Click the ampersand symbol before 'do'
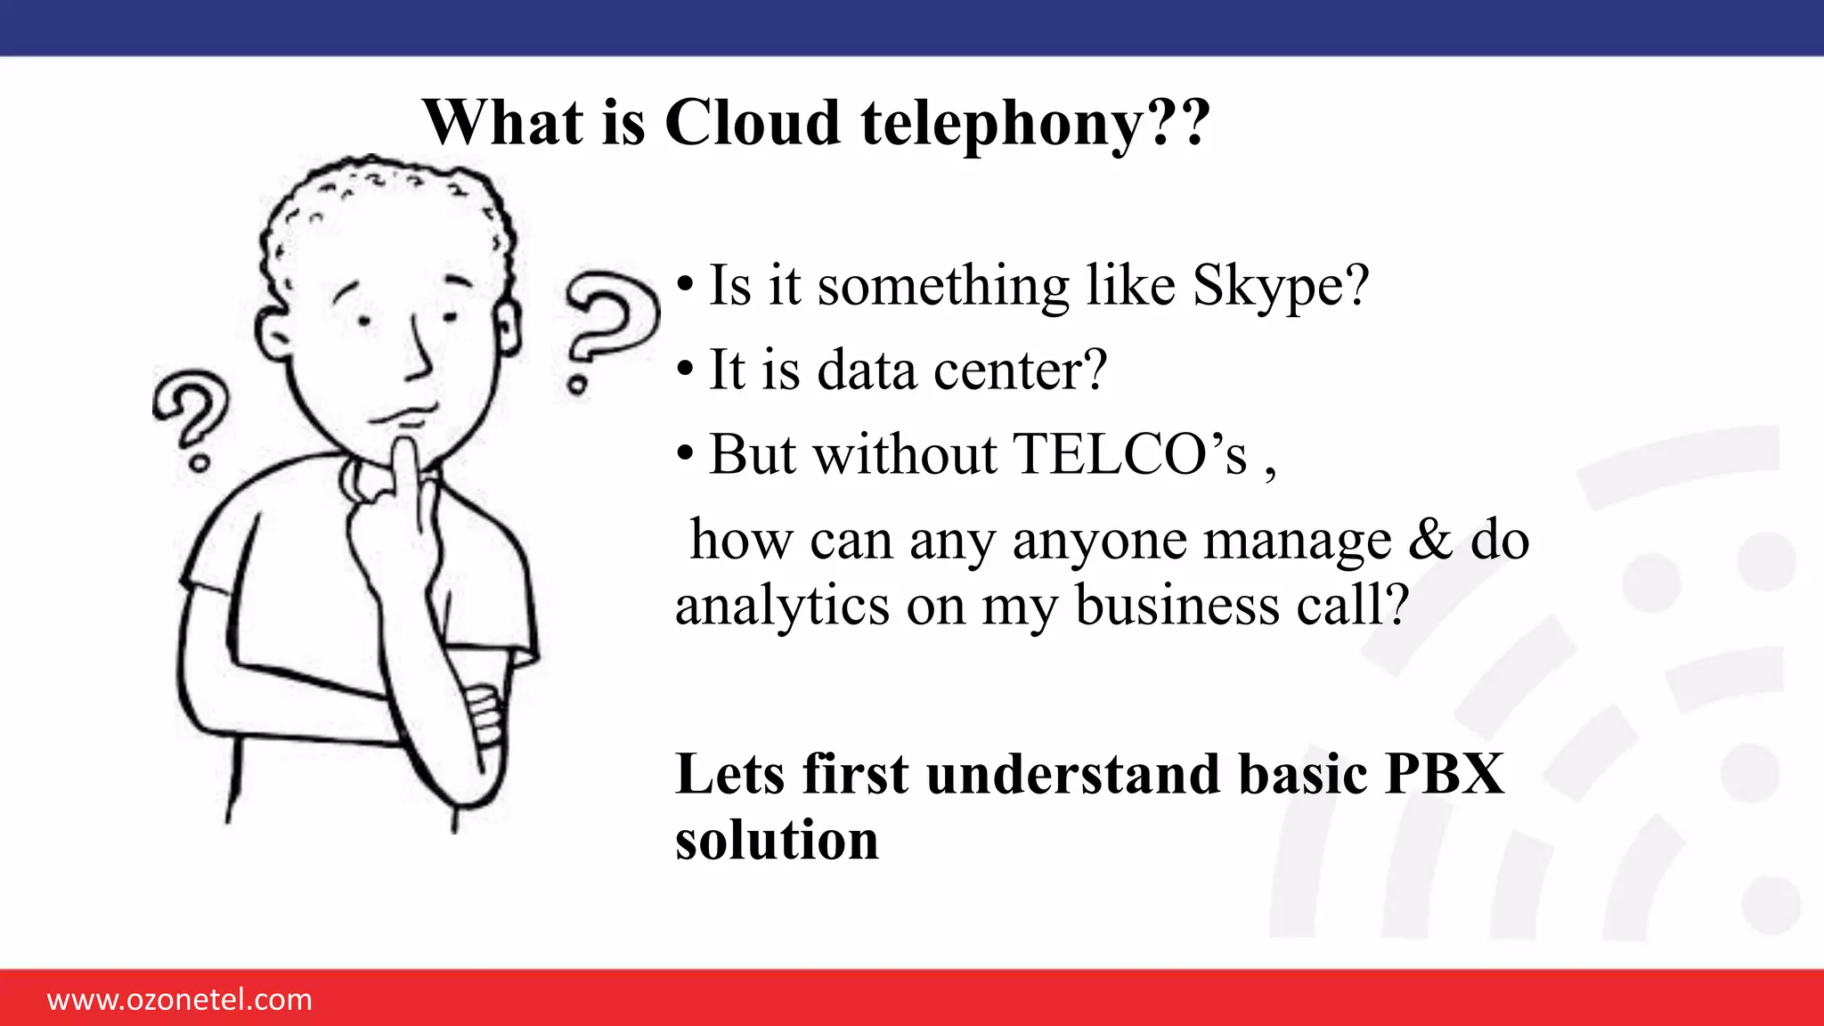(1429, 540)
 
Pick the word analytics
(782, 606)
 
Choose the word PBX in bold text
(1444, 773)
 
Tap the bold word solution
(777, 839)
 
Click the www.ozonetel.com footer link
(180, 999)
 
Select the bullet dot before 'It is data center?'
(684, 369)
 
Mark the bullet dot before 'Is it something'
(684, 285)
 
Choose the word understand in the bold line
(1072, 773)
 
